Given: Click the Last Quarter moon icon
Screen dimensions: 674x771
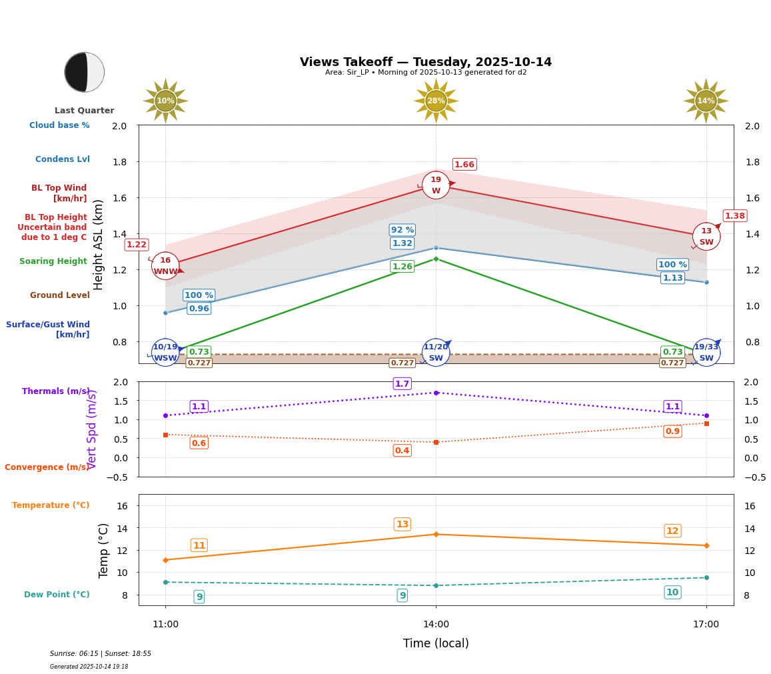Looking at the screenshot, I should click(x=85, y=72).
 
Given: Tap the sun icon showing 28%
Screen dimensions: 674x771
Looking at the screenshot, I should click(x=436, y=101).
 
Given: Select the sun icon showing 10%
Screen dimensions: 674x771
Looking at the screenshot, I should click(x=165, y=101).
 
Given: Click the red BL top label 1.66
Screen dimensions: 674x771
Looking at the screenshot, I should click(x=464, y=165).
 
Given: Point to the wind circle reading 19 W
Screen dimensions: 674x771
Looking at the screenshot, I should click(x=436, y=185).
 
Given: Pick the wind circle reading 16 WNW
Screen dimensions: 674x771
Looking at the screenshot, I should click(x=165, y=266).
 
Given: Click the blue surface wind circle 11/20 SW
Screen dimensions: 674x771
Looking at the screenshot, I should click(x=436, y=353).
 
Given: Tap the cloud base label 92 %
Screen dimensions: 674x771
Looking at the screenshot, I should click(x=402, y=230).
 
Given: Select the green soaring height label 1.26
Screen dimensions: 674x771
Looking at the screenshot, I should click(x=402, y=267).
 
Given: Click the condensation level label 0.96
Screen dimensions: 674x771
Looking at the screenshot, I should click(x=199, y=309).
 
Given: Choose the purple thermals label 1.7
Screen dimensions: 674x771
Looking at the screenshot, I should click(x=402, y=383).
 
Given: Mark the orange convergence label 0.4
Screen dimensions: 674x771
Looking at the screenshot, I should click(x=402, y=451).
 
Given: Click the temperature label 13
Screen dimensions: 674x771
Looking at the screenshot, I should click(x=402, y=525).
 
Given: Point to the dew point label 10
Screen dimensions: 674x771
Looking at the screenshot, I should click(x=672, y=593).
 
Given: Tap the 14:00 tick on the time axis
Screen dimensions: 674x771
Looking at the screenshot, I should click(x=436, y=624).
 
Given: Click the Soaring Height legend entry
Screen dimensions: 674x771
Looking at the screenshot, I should click(x=53, y=261).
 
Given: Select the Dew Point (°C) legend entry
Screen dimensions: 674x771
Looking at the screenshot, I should click(x=57, y=595).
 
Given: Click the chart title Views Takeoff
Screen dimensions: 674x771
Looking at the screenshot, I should click(x=426, y=62).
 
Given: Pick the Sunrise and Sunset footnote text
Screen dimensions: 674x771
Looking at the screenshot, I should click(x=101, y=654).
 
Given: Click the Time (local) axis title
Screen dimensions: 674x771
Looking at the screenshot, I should click(x=436, y=643).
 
